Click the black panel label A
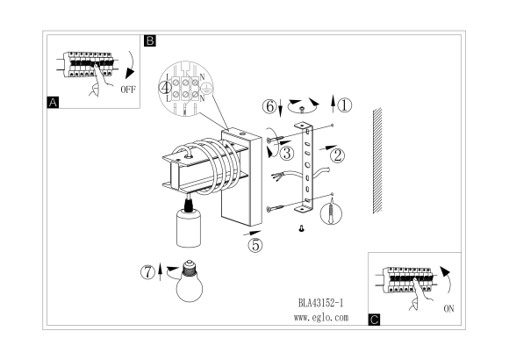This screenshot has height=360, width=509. click(53, 103)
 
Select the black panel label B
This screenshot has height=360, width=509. click(150, 40)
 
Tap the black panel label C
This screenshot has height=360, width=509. click(374, 320)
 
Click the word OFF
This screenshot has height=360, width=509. click(128, 90)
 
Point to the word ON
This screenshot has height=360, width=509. click(448, 309)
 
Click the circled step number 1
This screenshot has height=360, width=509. click(344, 105)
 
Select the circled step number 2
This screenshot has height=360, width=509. click(337, 155)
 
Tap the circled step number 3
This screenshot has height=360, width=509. click(287, 153)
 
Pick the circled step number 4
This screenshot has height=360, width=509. click(165, 88)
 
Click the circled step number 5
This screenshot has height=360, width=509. click(255, 245)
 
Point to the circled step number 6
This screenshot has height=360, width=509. click(269, 106)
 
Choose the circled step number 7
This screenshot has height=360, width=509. click(147, 272)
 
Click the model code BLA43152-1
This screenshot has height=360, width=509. click(320, 303)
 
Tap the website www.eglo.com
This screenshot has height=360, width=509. click(321, 318)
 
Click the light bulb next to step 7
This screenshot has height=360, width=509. click(190, 281)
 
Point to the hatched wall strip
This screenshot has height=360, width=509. click(377, 161)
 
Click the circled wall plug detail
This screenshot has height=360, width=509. click(331, 214)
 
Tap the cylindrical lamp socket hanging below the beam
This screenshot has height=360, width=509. click(189, 227)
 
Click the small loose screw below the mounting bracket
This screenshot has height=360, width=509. click(302, 229)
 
